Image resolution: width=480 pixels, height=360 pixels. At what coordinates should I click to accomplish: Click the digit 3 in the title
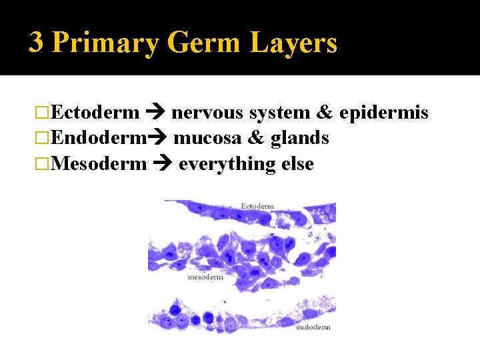pos(37,43)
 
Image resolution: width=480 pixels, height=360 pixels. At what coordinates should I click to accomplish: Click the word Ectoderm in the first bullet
pos(95,113)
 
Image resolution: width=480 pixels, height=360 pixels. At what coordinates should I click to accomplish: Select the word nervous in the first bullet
pos(207,113)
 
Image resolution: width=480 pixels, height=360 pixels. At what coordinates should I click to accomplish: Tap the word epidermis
pos(383,113)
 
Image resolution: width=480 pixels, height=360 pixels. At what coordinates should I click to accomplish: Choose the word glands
pos(299,138)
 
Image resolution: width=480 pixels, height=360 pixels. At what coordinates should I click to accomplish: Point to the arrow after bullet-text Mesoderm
pos(162,164)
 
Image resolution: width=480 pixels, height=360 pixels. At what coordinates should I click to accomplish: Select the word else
pos(294,163)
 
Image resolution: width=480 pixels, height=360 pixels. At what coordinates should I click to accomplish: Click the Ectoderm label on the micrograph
pos(257,207)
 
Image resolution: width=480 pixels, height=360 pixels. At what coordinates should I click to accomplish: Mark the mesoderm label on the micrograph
pos(205,277)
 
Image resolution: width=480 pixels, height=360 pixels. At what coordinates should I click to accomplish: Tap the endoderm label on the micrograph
pos(313,327)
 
